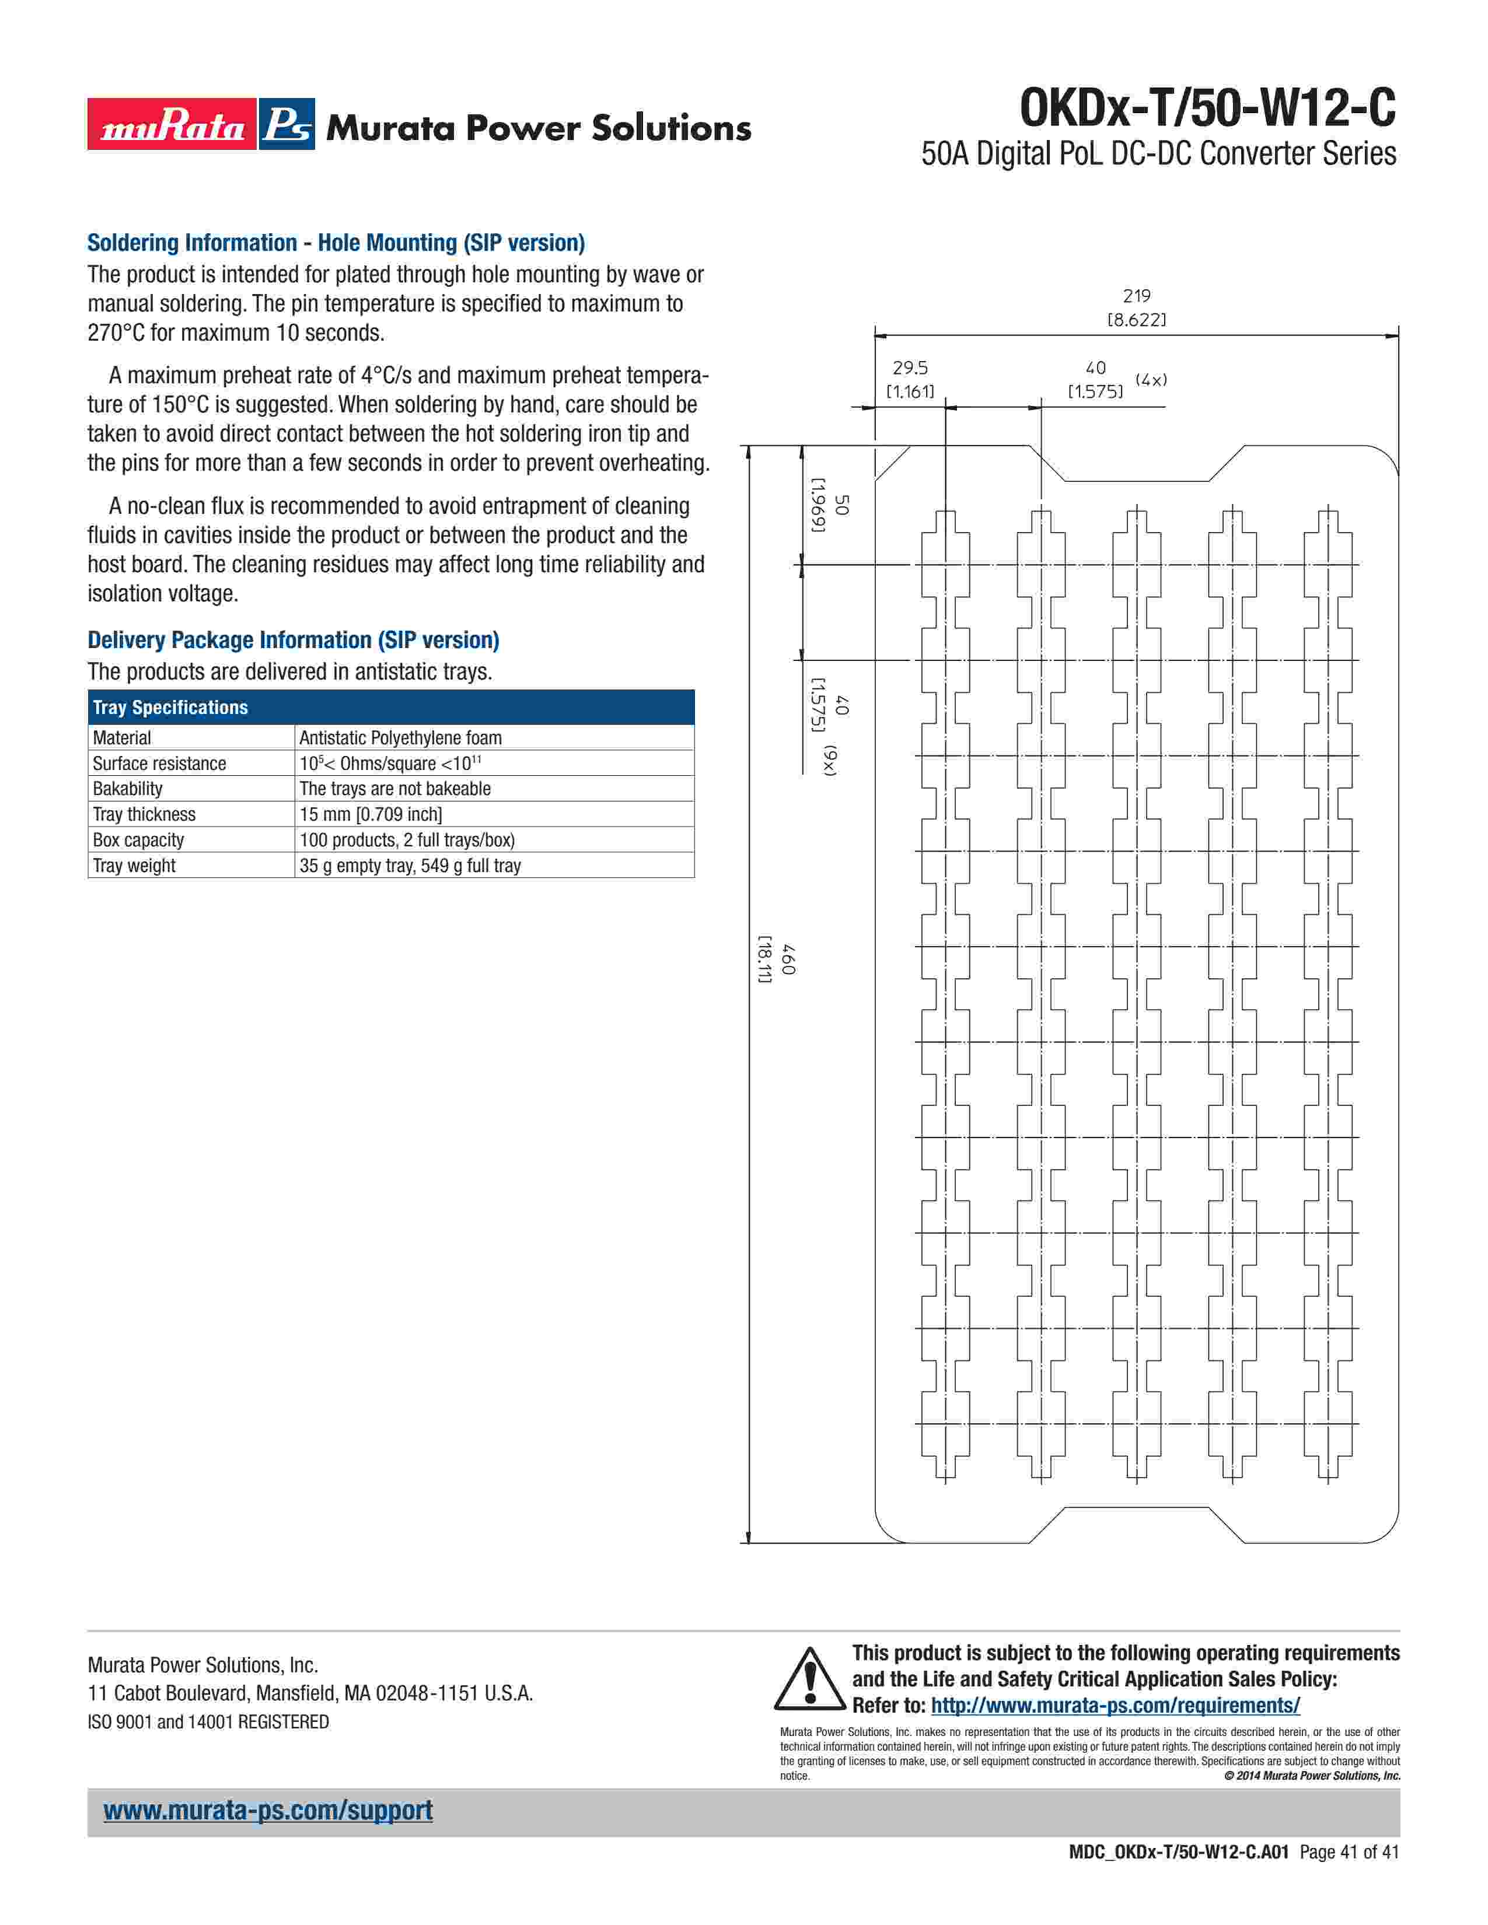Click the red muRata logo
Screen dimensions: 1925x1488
[172, 124]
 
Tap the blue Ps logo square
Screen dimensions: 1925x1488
[287, 124]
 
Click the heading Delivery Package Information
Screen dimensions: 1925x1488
[293, 640]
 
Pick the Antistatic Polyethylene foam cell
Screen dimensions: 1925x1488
[400, 738]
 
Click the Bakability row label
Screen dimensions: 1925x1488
[128, 789]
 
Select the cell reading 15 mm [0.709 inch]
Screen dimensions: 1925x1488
[370, 814]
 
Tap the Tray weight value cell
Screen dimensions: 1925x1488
[410, 866]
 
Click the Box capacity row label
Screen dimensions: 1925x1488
[138, 840]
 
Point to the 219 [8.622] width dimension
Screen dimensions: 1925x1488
[1136, 307]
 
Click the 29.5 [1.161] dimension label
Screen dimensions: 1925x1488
[910, 380]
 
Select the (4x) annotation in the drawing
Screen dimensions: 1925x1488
[1150, 380]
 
